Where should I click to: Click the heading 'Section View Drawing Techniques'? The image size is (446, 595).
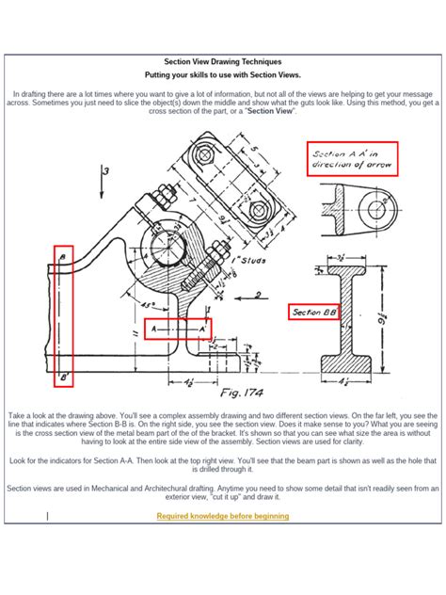tap(223, 60)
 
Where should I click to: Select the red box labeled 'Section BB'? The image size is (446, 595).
tap(315, 312)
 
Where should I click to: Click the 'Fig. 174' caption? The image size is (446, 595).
tap(243, 394)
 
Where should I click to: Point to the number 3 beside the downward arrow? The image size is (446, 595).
tap(107, 170)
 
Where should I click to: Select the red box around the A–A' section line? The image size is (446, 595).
tap(178, 329)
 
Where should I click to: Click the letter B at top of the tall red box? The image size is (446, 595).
tap(63, 255)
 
